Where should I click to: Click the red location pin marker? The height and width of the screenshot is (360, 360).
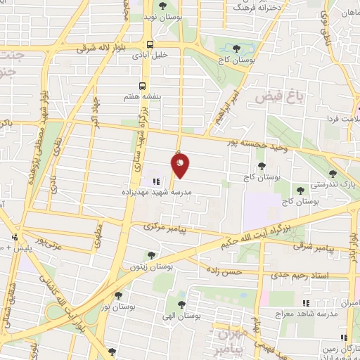point(180,166)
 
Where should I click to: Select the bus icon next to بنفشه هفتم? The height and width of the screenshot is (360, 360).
point(143,86)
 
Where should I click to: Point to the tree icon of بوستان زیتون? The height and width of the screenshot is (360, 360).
point(150,255)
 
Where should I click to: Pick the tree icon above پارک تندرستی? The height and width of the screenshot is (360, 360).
point(333,173)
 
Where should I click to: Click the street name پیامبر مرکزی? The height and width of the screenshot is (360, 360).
point(163,227)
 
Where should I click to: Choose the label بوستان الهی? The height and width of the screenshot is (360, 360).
point(181,316)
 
